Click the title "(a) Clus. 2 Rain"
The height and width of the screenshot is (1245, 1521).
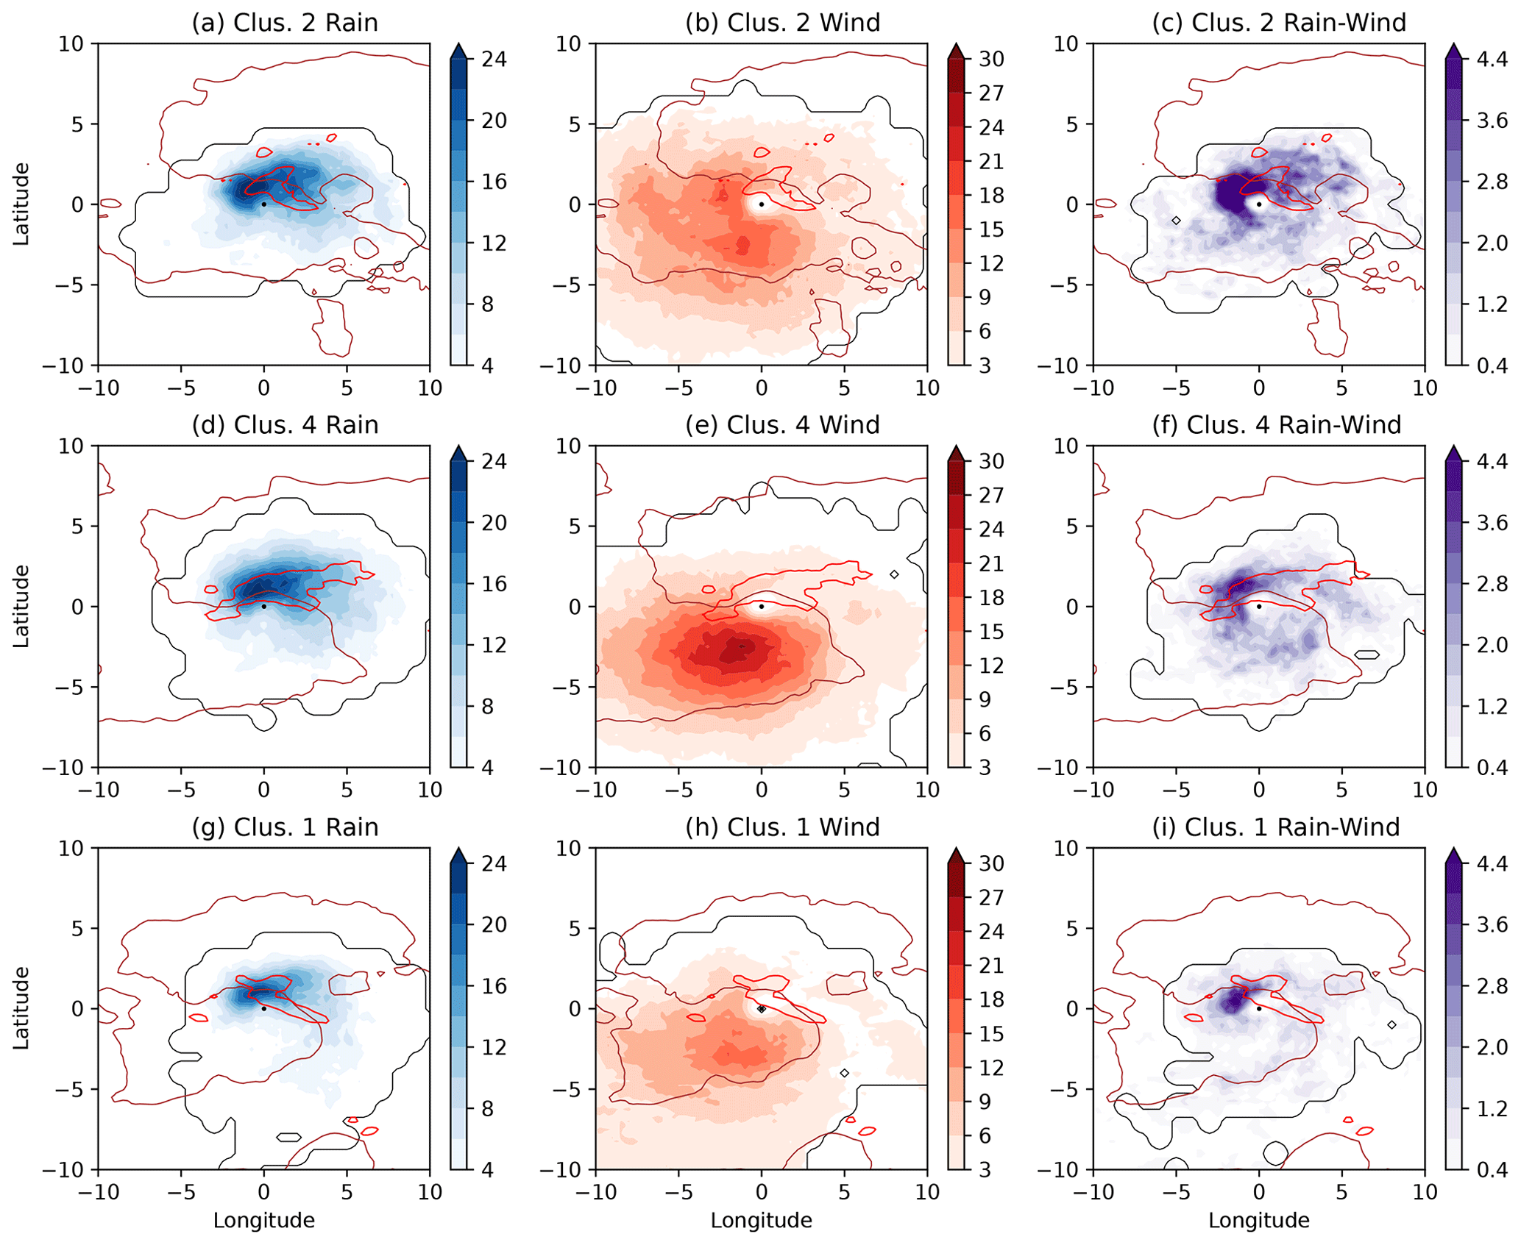[x=285, y=23]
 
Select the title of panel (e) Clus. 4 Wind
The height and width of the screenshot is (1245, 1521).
[x=782, y=425]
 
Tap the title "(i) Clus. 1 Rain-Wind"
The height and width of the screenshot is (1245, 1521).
[x=1292, y=827]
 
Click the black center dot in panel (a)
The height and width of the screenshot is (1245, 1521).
[x=263, y=204]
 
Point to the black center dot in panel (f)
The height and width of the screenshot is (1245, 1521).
[x=1259, y=607]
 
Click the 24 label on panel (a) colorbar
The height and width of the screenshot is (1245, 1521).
[x=494, y=59]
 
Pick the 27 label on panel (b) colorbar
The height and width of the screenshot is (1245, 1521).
[x=991, y=93]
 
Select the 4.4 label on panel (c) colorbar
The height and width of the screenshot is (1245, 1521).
[x=1492, y=59]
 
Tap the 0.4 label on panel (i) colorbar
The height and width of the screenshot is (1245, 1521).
[x=1492, y=1170]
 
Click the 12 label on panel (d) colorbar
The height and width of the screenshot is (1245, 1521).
[x=494, y=645]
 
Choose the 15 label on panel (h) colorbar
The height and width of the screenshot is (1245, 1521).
[x=991, y=1034]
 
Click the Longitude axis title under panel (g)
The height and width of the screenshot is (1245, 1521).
[x=263, y=1221]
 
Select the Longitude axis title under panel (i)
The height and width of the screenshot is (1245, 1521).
[x=1259, y=1221]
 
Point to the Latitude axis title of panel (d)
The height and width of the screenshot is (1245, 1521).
[x=21, y=606]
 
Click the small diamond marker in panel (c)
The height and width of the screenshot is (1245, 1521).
[x=1176, y=221]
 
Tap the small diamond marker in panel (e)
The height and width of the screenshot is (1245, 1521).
[x=894, y=574]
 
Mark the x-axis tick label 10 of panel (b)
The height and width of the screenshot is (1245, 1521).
[x=926, y=388]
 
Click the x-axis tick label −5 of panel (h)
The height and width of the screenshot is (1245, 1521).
[x=678, y=1193]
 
